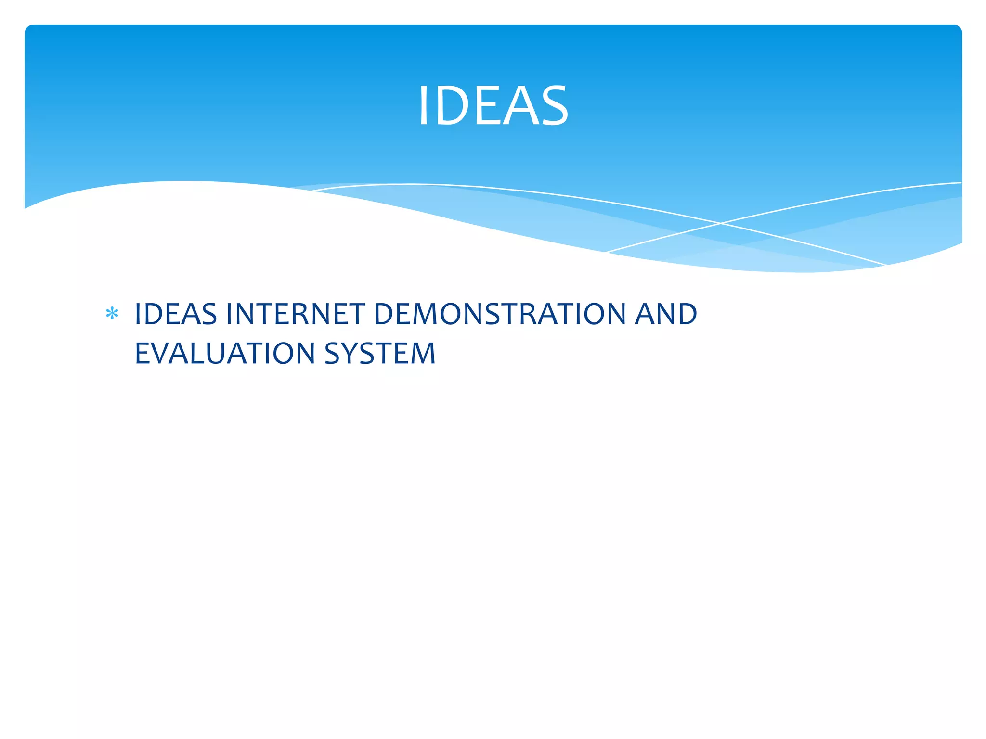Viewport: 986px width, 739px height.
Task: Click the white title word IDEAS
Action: (x=493, y=106)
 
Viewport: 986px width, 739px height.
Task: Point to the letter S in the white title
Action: (x=554, y=106)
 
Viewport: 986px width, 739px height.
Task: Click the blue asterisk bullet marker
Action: (x=112, y=314)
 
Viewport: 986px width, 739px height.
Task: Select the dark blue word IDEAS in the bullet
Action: (x=176, y=314)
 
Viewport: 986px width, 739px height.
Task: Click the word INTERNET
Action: (x=295, y=314)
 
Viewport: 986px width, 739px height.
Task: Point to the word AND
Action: (x=666, y=314)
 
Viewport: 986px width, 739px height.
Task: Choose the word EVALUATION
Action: (x=225, y=354)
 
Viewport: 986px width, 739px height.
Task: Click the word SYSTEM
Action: (x=380, y=354)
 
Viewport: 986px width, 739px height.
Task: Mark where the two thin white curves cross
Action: (x=721, y=223)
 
